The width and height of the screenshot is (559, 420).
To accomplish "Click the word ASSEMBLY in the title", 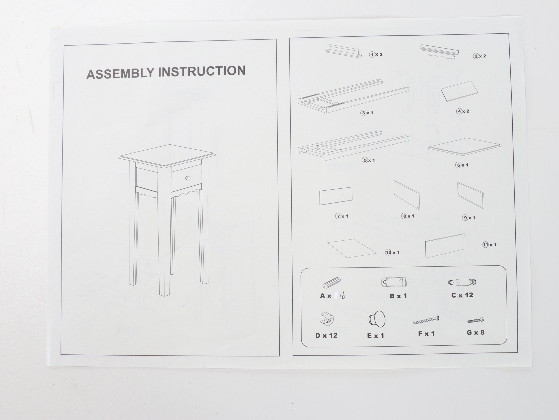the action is (120, 74).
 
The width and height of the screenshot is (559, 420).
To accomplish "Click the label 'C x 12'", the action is (462, 295).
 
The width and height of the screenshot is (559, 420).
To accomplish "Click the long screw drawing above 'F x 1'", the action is (426, 320).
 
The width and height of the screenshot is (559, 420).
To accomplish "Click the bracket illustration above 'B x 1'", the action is (394, 282).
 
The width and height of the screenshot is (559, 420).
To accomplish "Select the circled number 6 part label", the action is (459, 165).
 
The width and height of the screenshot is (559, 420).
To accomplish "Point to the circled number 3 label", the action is (363, 113).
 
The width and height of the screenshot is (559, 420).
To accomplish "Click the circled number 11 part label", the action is (485, 245).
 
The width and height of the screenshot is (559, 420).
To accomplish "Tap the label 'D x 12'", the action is (326, 335).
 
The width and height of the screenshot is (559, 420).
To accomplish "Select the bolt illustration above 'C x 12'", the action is (462, 282).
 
